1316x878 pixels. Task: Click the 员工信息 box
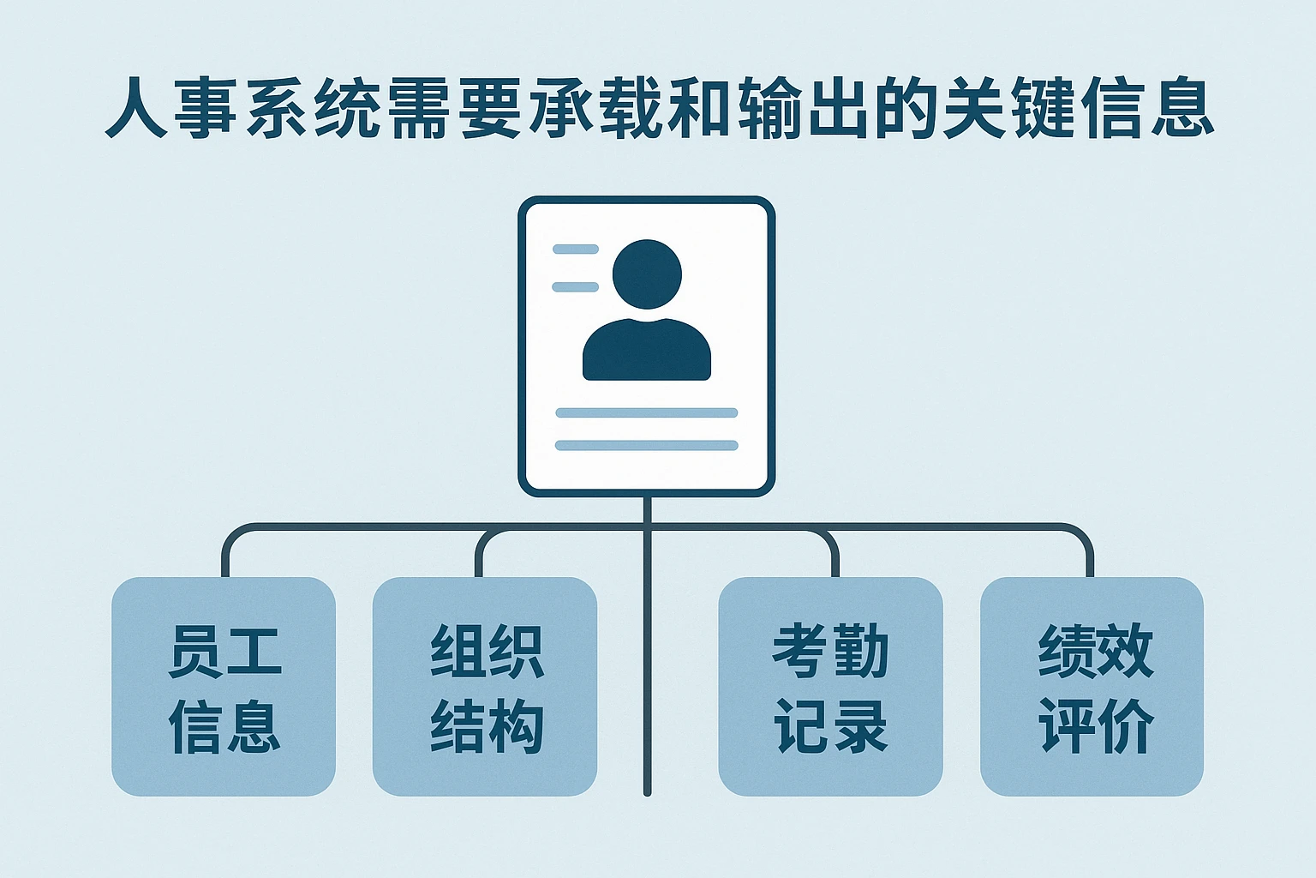(x=224, y=687)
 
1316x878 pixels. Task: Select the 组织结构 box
(x=485, y=687)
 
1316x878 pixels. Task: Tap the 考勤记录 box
(x=830, y=687)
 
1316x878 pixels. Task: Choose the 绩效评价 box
(x=1092, y=687)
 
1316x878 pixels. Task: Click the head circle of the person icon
(x=647, y=274)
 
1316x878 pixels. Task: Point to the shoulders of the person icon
(x=647, y=352)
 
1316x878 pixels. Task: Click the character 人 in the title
(x=135, y=109)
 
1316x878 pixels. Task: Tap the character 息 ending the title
(x=1181, y=109)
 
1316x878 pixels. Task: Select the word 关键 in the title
(x=1011, y=109)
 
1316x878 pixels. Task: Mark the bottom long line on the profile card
(x=647, y=445)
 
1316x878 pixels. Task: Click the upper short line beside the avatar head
(x=576, y=250)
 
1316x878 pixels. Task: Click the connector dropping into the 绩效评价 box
(x=1090, y=557)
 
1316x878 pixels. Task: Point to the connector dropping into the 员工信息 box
(x=225, y=557)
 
